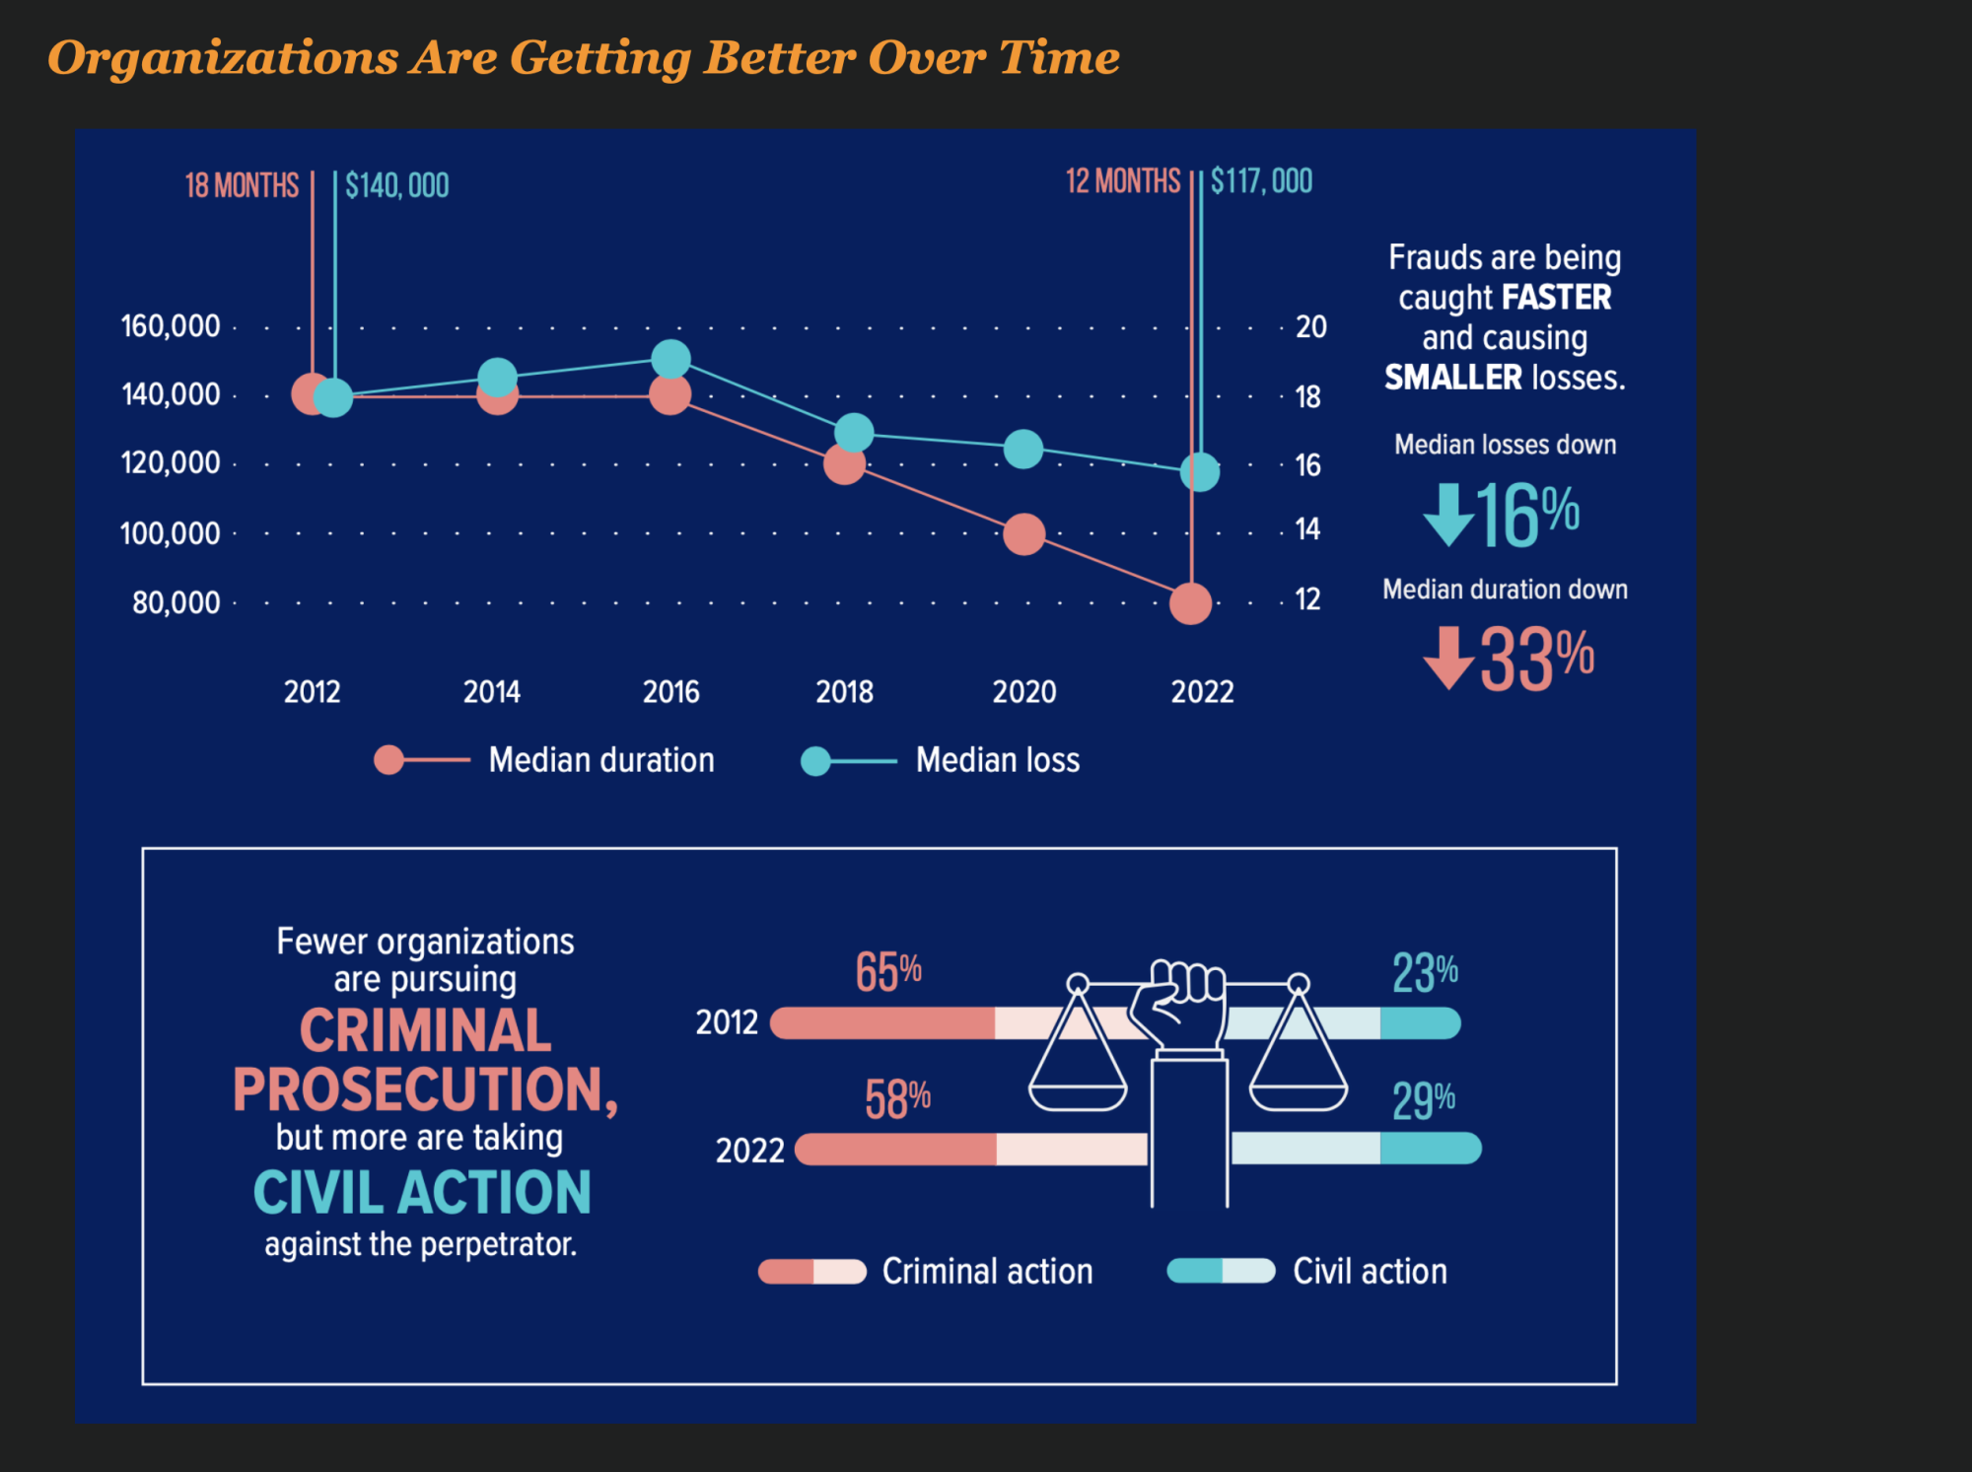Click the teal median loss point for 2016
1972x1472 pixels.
click(x=671, y=359)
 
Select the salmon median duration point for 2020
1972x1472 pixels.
click(x=1023, y=534)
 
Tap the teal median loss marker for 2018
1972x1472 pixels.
click(x=854, y=432)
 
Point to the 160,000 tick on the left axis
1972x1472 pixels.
click(x=171, y=326)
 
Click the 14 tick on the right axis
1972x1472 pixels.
click(x=1307, y=530)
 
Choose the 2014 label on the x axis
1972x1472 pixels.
click(x=492, y=692)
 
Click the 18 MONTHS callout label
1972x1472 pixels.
click(x=242, y=185)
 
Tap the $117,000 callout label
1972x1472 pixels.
click(x=1261, y=181)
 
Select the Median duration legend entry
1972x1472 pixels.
click(x=601, y=760)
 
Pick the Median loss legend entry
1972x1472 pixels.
click(x=997, y=760)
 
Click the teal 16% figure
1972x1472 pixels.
click(x=1526, y=515)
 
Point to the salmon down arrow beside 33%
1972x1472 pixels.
click(x=1448, y=658)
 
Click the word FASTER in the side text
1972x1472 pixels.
click(x=1556, y=298)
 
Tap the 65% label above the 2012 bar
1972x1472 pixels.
click(x=888, y=972)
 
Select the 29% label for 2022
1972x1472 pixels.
click(x=1423, y=1100)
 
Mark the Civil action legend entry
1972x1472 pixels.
click(x=1370, y=1272)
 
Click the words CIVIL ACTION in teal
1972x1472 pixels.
click(x=422, y=1193)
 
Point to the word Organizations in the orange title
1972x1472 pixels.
click(x=224, y=57)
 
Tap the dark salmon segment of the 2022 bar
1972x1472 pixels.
click(x=897, y=1150)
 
